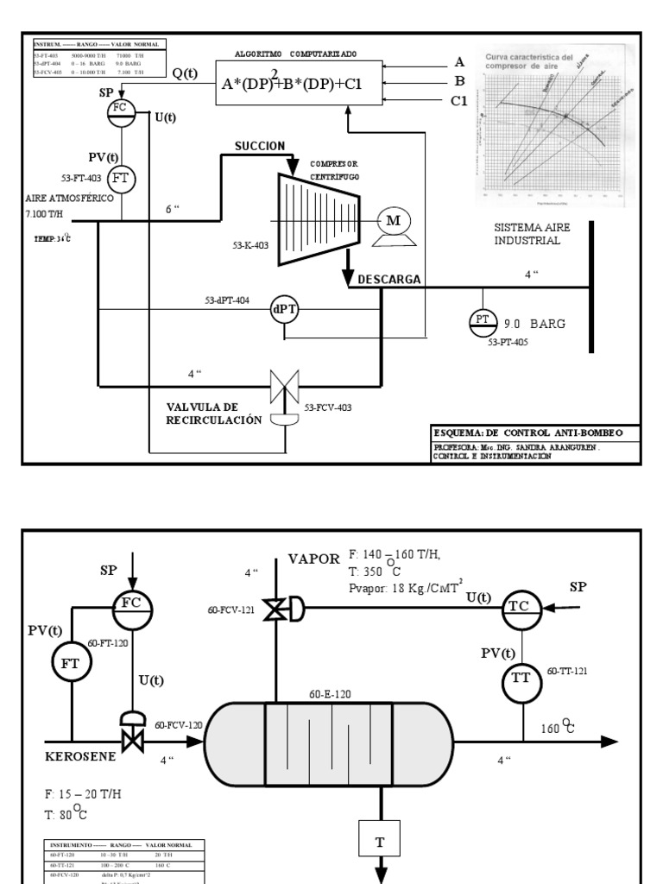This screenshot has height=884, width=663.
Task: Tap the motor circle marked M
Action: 393,221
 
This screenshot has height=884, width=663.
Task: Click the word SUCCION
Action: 259,146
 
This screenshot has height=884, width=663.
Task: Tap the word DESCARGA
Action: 389,279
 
